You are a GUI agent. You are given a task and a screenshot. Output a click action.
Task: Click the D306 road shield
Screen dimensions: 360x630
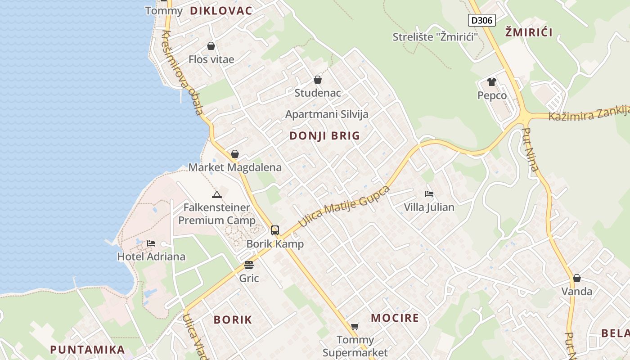[481, 20]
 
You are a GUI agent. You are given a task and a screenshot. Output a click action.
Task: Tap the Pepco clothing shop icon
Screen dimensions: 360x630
[491, 82]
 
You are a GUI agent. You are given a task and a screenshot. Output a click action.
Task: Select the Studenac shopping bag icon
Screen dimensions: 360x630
[318, 80]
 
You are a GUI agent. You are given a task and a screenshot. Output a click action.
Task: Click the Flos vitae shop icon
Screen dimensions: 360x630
[211, 46]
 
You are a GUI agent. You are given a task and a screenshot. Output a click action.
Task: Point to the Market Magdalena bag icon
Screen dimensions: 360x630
[234, 154]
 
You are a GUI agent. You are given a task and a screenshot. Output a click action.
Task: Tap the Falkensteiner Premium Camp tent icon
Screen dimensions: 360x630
[217, 195]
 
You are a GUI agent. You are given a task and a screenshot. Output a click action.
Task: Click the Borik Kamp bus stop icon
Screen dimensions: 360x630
[275, 230]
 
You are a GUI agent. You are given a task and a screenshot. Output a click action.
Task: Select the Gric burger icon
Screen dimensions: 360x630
[249, 265]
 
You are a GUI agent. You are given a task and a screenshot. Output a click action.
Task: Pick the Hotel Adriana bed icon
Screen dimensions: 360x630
[151, 243]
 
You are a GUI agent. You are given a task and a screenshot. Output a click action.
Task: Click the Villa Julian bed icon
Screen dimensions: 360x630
[429, 194]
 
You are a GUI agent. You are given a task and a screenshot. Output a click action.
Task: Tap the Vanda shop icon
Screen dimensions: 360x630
[577, 278]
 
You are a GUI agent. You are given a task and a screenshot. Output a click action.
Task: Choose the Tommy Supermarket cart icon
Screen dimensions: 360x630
[355, 326]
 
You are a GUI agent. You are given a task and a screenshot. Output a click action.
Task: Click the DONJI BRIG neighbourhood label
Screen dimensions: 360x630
[324, 135]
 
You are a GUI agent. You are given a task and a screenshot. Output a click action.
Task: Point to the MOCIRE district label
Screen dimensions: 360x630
[395, 318]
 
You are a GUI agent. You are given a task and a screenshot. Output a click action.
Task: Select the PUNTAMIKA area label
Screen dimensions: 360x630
[87, 350]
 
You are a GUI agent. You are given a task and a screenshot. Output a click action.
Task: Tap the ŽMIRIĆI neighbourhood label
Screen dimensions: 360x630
[529, 32]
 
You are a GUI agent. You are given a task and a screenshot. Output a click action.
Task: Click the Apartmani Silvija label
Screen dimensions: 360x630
[327, 114]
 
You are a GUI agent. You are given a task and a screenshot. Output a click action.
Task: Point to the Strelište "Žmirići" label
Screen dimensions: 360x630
[435, 37]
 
